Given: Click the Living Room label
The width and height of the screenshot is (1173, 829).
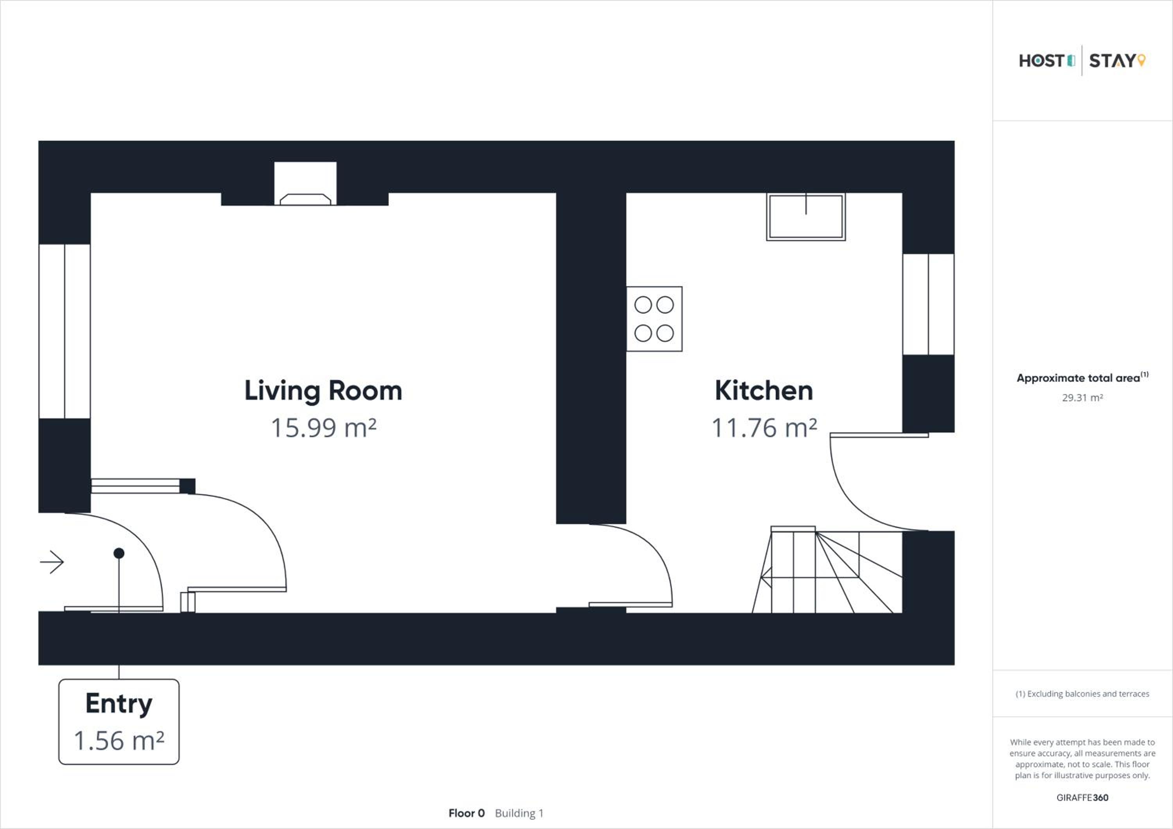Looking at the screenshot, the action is coord(323,391).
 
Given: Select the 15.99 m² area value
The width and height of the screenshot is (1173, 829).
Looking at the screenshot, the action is coord(323,427).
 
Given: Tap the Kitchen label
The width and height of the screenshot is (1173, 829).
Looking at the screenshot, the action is coord(764,390).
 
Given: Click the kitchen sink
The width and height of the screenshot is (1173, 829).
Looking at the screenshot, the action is coord(806,217).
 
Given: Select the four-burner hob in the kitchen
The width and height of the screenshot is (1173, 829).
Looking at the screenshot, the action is coord(655,319).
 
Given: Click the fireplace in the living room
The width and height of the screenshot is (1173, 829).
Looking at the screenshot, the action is coord(305,184).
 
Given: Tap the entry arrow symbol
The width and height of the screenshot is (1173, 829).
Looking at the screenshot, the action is coord(52,562).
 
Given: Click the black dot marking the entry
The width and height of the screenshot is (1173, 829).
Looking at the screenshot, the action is coord(119,553).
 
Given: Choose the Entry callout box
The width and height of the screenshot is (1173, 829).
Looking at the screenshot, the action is coord(119,722).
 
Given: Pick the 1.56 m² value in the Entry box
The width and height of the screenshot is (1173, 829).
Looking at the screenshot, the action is coord(119,741).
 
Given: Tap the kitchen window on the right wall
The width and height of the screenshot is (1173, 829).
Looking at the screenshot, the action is coord(928,305).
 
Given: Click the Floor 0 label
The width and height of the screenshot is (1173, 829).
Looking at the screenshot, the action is coord(466,813).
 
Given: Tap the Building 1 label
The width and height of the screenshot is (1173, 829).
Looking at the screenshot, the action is coord(519,813).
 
